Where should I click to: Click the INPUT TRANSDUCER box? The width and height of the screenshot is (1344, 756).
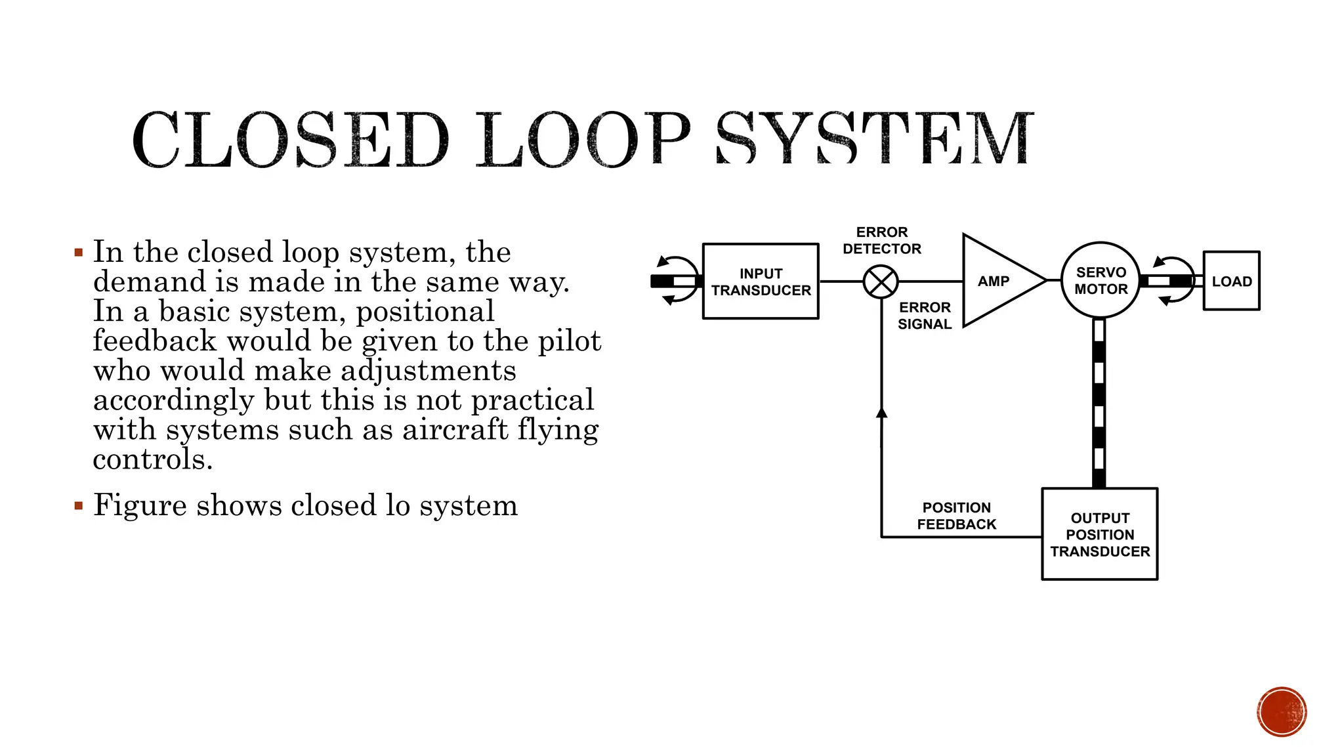(x=761, y=282)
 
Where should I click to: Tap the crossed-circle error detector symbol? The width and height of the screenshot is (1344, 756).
(x=880, y=282)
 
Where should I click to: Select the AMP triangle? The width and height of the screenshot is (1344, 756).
(x=994, y=281)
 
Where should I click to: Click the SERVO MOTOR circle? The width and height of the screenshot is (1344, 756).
(x=1101, y=280)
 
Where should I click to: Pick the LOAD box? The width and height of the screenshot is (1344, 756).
(x=1231, y=281)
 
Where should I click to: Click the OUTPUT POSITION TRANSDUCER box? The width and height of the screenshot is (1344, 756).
(x=1099, y=534)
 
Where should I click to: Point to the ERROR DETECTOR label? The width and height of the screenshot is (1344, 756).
(x=881, y=240)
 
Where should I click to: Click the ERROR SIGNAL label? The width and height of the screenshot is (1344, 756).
(x=924, y=316)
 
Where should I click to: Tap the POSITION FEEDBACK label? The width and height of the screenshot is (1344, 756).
(x=956, y=516)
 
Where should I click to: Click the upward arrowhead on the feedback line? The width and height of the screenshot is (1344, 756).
(x=881, y=413)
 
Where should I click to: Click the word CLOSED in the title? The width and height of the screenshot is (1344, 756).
(x=290, y=139)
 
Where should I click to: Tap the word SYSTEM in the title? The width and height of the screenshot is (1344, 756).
(x=874, y=139)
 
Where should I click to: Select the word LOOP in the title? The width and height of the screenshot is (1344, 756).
(x=582, y=139)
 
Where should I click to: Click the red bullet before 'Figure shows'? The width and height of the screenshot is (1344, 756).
(x=79, y=506)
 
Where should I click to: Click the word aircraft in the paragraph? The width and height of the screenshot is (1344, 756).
(x=455, y=430)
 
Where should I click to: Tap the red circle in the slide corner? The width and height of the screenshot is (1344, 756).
(x=1282, y=712)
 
